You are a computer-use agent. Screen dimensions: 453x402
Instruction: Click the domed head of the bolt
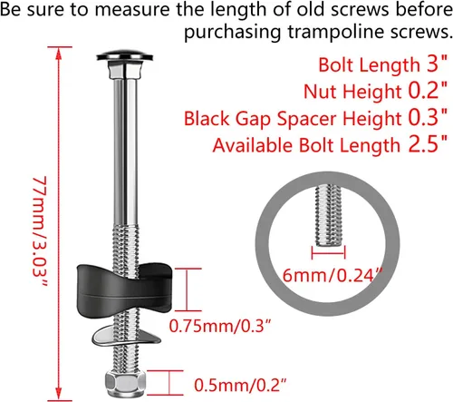pyautogui.click(x=125, y=55)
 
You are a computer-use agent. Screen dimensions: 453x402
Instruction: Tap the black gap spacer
pyautogui.click(x=124, y=289)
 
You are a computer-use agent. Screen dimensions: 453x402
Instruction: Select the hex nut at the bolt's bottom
pyautogui.click(x=125, y=384)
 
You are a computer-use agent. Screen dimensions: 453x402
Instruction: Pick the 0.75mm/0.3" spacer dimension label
pyautogui.click(x=220, y=326)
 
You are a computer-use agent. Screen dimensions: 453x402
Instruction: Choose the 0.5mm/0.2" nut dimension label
pyautogui.click(x=240, y=385)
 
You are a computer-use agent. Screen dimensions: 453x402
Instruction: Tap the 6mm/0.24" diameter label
pyautogui.click(x=333, y=275)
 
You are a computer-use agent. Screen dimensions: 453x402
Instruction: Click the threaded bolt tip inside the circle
pyautogui.click(x=328, y=216)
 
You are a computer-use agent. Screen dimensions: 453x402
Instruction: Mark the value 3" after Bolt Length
pyautogui.click(x=437, y=64)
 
